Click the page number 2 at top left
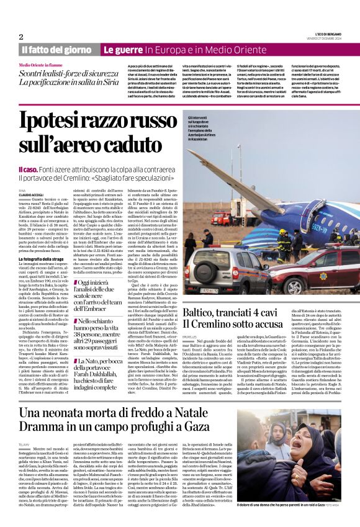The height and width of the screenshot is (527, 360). (21, 37)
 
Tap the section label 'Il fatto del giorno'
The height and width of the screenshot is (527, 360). (56, 50)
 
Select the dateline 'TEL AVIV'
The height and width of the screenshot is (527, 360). (24, 446)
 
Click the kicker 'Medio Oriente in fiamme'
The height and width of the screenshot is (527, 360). (42, 65)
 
